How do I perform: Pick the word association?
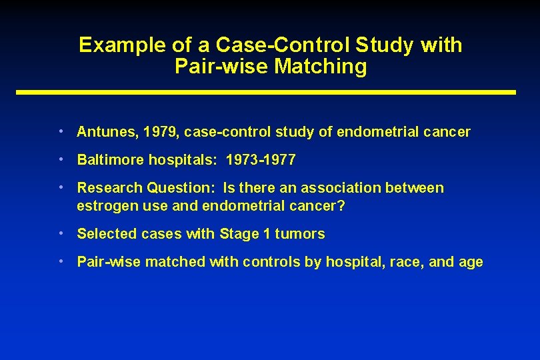click(x=342, y=188)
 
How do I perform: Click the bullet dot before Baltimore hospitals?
click(x=61, y=160)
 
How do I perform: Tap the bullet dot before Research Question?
click(x=61, y=188)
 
